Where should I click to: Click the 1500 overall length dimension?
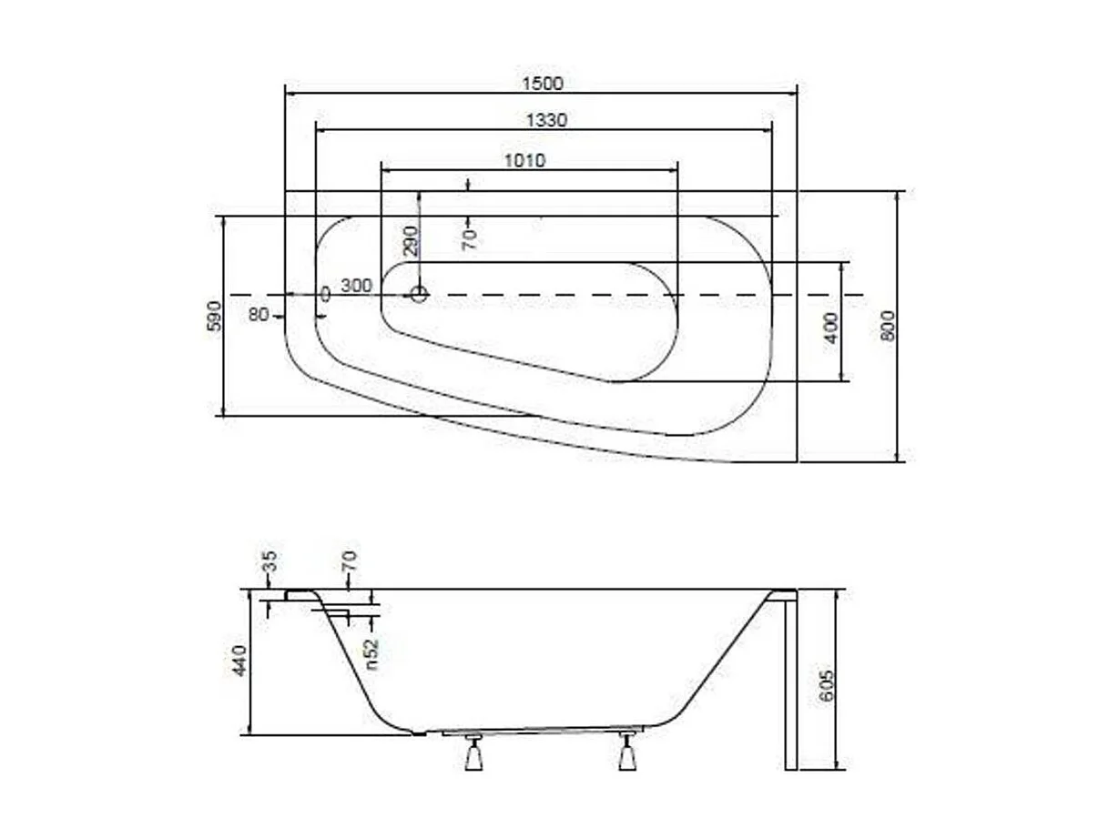coord(543,83)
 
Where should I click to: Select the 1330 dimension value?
coord(546,120)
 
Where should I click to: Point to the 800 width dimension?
coord(889,325)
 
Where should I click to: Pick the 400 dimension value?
coord(830,327)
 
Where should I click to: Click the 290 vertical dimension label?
coord(411,240)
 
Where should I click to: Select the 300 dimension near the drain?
coord(356,286)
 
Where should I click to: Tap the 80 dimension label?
coord(259,315)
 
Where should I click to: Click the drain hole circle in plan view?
coord(419,294)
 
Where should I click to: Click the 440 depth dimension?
coord(239,660)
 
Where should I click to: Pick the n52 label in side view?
coord(371,653)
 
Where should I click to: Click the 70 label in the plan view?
coord(470,239)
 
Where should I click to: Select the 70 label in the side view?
coord(351,561)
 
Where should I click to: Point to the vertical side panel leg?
coord(790,682)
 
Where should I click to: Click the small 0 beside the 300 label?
coord(325,295)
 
